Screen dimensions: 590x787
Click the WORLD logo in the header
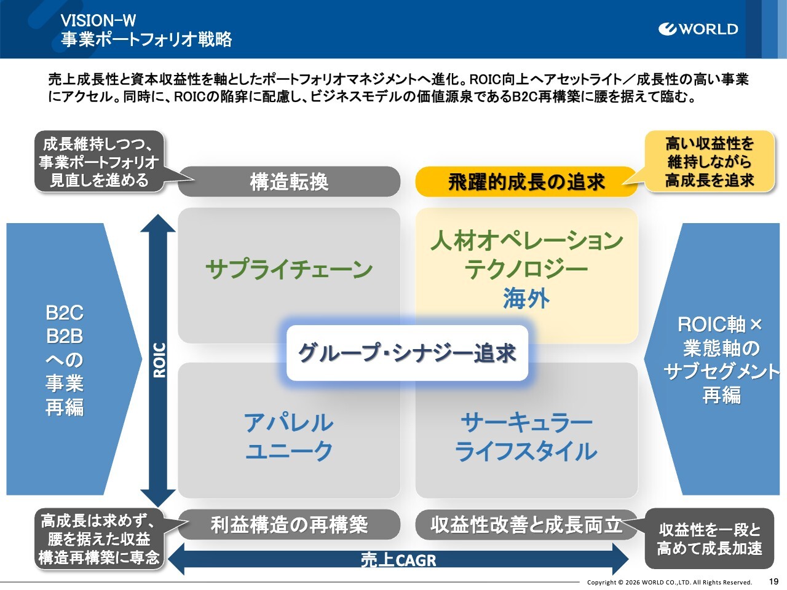point(698,29)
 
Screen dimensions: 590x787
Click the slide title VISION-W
point(98,20)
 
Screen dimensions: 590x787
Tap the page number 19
point(773,581)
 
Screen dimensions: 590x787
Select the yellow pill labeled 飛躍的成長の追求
point(526,182)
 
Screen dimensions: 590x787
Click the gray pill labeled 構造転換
point(289,182)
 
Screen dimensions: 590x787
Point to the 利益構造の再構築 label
point(289,525)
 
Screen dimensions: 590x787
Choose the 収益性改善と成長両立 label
point(526,525)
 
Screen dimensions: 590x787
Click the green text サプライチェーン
point(289,269)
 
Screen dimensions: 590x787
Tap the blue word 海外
point(526,299)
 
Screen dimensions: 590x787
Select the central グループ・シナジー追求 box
point(407,353)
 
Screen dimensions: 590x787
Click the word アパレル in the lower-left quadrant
point(289,423)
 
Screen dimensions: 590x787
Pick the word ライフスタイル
point(526,452)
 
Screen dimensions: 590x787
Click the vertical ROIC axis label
point(159,360)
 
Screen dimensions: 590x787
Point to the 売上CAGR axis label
point(398,560)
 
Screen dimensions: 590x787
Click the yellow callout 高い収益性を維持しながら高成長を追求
point(709,162)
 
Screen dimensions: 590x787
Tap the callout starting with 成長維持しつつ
point(99,162)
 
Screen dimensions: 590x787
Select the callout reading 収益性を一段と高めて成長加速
point(709,538)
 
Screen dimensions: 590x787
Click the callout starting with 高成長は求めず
point(99,539)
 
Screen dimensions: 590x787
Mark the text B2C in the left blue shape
point(65,313)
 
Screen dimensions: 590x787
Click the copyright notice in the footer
point(669,582)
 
